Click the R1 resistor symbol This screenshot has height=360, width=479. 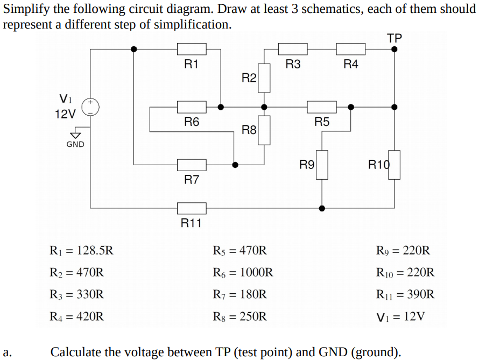pyautogui.click(x=192, y=49)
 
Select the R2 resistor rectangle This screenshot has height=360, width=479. pyautogui.click(x=264, y=78)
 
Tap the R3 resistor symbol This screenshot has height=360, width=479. pyautogui.click(x=293, y=49)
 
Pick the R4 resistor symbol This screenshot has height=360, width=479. pyautogui.click(x=350, y=49)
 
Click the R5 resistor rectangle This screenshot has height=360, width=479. pyautogui.click(x=321, y=107)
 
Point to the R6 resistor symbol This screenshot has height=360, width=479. pyautogui.click(x=192, y=107)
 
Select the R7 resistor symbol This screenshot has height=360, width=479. pyautogui.click(x=192, y=165)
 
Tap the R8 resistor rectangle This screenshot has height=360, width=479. pyautogui.click(x=264, y=130)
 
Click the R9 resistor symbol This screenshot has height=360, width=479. pyautogui.click(x=322, y=165)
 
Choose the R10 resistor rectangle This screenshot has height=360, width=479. pyautogui.click(x=395, y=165)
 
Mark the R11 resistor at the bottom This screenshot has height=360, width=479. pyautogui.click(x=192, y=208)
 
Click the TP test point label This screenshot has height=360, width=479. pyautogui.click(x=395, y=38)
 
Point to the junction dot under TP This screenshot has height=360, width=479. pyautogui.click(x=395, y=49)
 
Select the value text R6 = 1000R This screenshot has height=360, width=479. pyautogui.click(x=243, y=272)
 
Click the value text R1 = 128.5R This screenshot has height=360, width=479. pyautogui.click(x=81, y=250)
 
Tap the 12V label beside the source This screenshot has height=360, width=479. pyautogui.click(x=66, y=114)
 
